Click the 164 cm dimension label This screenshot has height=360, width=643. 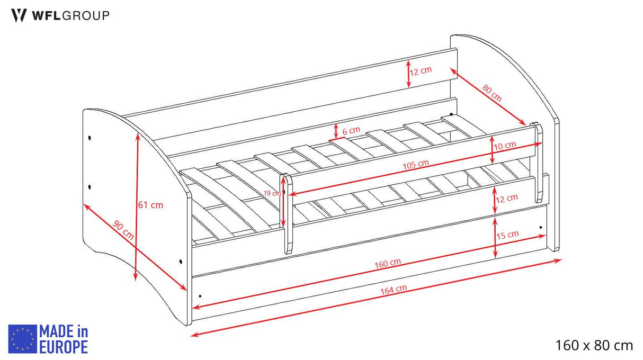[x=394, y=290]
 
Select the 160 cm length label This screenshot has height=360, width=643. [x=388, y=263]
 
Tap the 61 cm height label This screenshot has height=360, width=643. [x=150, y=205]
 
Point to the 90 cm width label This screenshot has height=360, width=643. [x=123, y=230]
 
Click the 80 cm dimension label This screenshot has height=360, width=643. [x=492, y=93]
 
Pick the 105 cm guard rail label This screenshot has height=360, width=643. [x=415, y=164]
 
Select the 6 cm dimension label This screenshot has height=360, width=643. [x=351, y=131]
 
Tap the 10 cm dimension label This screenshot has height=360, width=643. [x=505, y=146]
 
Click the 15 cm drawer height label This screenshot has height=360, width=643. [x=507, y=235]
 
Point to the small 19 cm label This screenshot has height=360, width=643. [x=272, y=193]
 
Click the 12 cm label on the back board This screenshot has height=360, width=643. [x=421, y=71]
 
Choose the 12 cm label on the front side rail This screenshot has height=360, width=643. [x=507, y=198]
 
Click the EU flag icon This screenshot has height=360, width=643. [x=22, y=339]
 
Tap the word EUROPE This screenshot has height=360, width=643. [x=64, y=347]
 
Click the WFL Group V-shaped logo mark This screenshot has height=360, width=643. [x=19, y=15]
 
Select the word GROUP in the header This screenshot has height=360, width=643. [x=86, y=15]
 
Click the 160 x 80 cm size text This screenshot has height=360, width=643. [x=594, y=345]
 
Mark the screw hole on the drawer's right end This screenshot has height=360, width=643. [x=541, y=228]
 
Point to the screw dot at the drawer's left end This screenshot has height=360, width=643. [x=200, y=296]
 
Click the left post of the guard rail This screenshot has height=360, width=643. [x=286, y=214]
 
